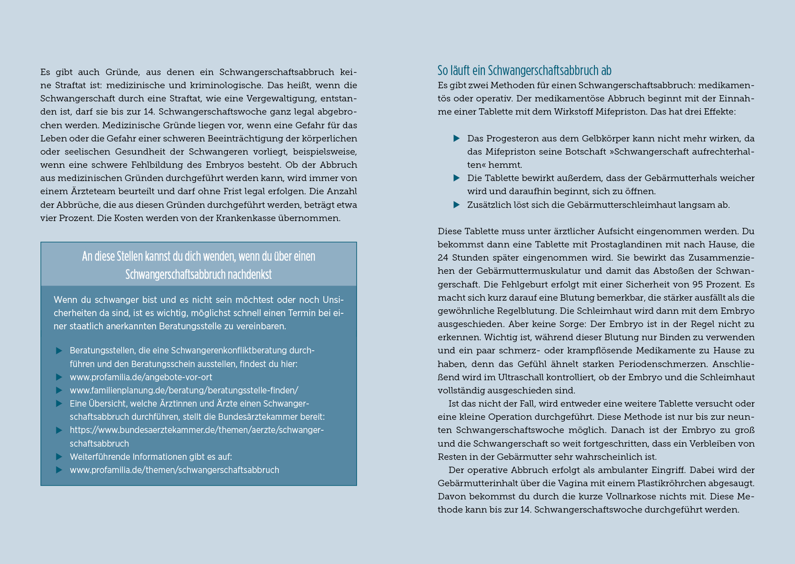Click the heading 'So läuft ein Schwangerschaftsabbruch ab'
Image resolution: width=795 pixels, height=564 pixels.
pos(524,70)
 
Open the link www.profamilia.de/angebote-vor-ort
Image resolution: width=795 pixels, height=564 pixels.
pos(141,377)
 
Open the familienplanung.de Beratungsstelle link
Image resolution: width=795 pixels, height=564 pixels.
pos(184,390)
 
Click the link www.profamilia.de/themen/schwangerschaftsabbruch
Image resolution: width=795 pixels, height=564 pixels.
pos(174,470)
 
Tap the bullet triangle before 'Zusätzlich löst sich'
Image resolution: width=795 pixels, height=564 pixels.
pos(457,205)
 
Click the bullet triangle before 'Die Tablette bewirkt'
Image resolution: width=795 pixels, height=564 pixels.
pos(457,178)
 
